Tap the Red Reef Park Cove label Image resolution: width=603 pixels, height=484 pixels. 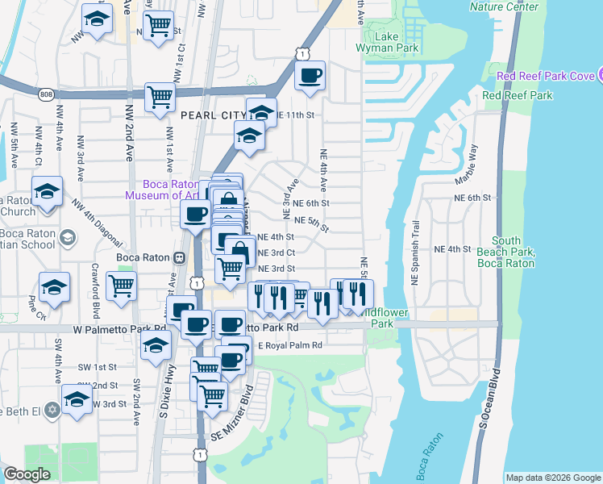click(547, 76)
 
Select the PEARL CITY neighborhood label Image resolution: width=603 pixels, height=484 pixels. click(212, 115)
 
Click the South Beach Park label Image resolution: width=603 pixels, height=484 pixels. click(506, 252)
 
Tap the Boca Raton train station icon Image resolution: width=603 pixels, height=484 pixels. click(179, 257)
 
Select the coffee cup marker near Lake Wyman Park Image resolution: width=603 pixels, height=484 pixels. click(310, 77)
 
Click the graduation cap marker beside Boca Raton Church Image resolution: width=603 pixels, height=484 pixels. click(47, 192)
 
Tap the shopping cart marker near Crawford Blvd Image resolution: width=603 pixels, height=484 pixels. click(121, 286)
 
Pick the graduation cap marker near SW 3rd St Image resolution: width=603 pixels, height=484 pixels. click(77, 399)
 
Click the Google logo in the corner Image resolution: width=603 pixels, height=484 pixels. click(27, 474)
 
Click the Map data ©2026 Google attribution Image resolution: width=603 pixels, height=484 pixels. click(553, 478)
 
